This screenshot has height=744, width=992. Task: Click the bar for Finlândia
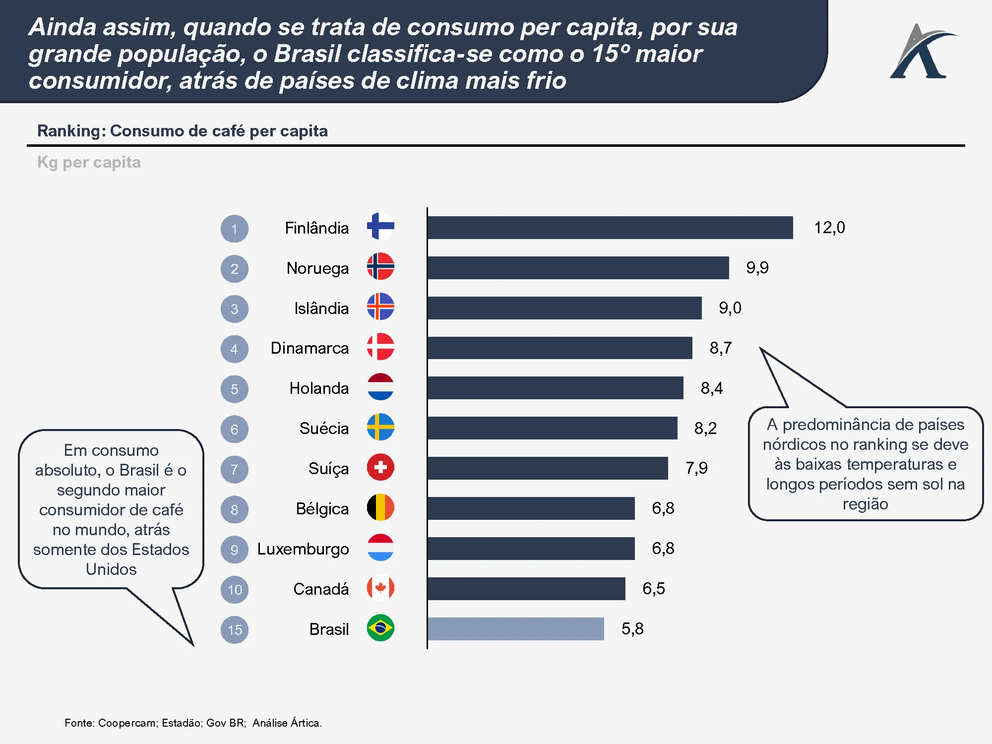point(610,228)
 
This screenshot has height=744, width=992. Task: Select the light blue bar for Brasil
point(516,629)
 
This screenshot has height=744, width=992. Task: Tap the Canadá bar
point(526,589)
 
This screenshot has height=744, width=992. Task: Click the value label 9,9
point(757,268)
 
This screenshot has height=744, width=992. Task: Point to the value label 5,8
point(632,629)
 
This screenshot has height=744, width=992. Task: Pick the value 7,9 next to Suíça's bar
point(696,468)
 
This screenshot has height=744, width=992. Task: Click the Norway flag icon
point(380,266)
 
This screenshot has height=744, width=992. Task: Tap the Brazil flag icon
point(380,628)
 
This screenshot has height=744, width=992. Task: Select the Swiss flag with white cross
point(380,467)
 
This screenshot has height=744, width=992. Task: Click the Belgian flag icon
point(380,507)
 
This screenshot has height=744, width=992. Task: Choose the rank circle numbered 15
point(235,630)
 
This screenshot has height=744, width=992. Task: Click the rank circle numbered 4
point(235,349)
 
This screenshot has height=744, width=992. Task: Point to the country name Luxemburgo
point(303,549)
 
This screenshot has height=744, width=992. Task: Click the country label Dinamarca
point(310,348)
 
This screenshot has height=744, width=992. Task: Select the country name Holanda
point(319,388)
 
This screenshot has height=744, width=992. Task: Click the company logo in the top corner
point(923,52)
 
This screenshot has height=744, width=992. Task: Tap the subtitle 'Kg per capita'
point(89,163)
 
